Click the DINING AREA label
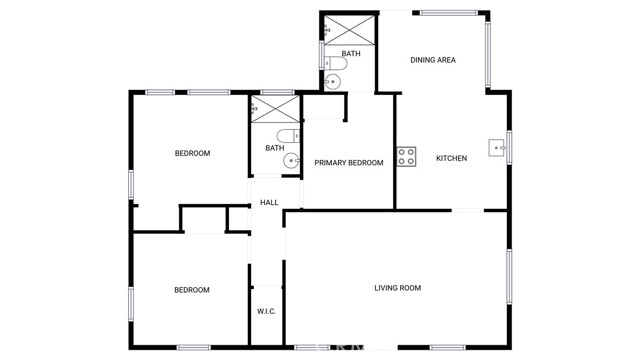coord(433,60)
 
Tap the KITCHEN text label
coord(451,158)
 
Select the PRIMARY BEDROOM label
coord(349,163)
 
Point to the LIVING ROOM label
coord(397,288)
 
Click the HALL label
coord(269,203)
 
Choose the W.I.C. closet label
coord(266,311)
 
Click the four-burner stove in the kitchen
coord(407,156)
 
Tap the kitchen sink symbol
coord(497,149)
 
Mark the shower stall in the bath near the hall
coord(274,109)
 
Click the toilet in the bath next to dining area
coord(337,64)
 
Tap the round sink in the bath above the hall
coord(292,160)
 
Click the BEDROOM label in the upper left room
coord(192,153)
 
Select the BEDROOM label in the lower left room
coord(192,290)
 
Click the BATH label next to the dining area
coord(350,53)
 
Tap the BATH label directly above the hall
coord(274,149)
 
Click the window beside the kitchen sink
coord(509,148)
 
